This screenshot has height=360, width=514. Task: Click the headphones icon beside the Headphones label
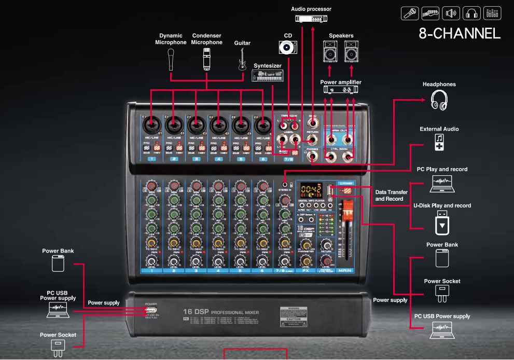tap(439, 100)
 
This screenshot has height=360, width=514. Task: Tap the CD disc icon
tap(287, 48)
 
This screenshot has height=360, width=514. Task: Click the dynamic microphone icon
tap(171, 59)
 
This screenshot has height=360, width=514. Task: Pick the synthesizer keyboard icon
tap(268, 76)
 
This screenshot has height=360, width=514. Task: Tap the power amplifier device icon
tap(341, 90)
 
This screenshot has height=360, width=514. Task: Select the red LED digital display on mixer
tap(312, 189)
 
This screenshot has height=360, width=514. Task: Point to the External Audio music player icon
tap(439, 142)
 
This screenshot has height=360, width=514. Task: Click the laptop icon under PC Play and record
tap(442, 181)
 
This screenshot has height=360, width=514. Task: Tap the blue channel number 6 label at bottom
tap(262, 271)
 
